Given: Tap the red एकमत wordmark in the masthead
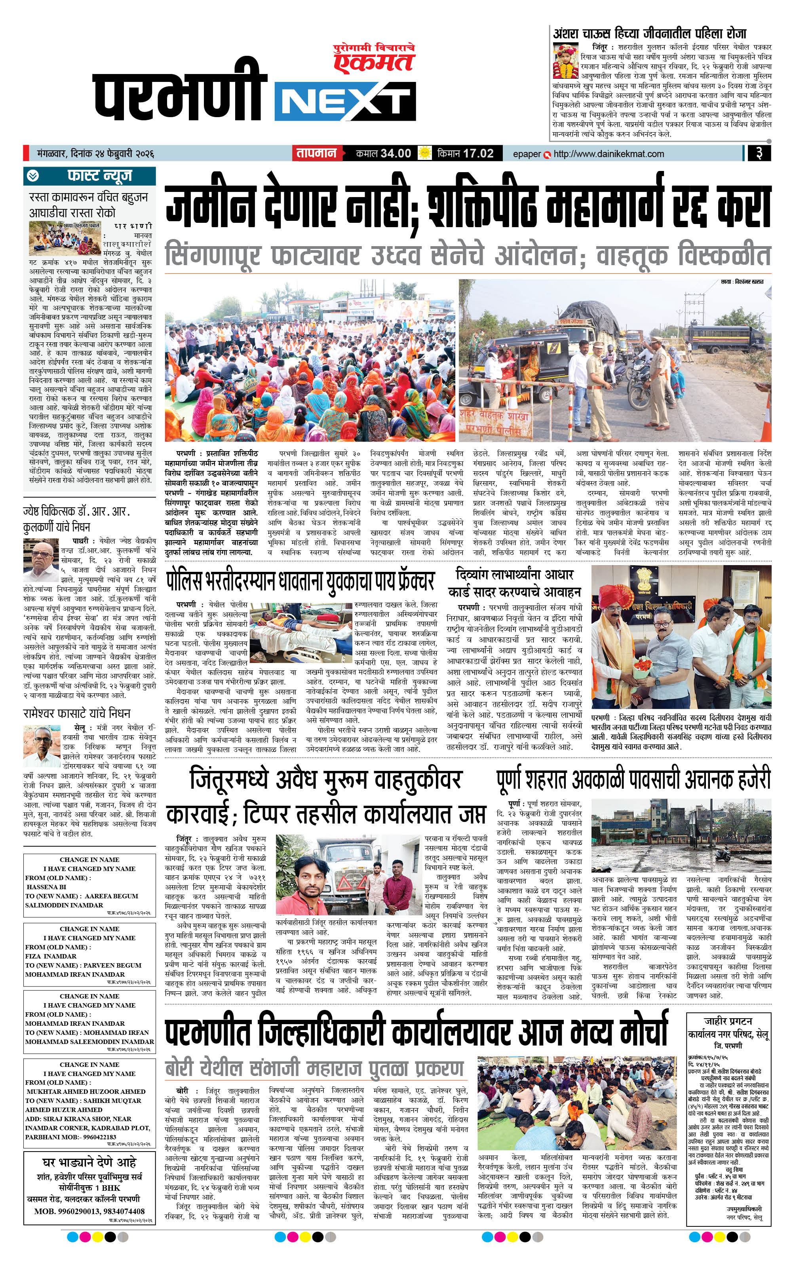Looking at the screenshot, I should tap(373, 62).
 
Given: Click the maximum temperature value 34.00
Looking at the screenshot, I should tap(396, 154).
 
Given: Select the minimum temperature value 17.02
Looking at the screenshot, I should tap(478, 154).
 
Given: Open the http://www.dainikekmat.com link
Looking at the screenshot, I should tap(608, 154).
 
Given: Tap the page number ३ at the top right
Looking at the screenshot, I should tap(759, 154).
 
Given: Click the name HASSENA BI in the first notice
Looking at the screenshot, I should tap(47, 887).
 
